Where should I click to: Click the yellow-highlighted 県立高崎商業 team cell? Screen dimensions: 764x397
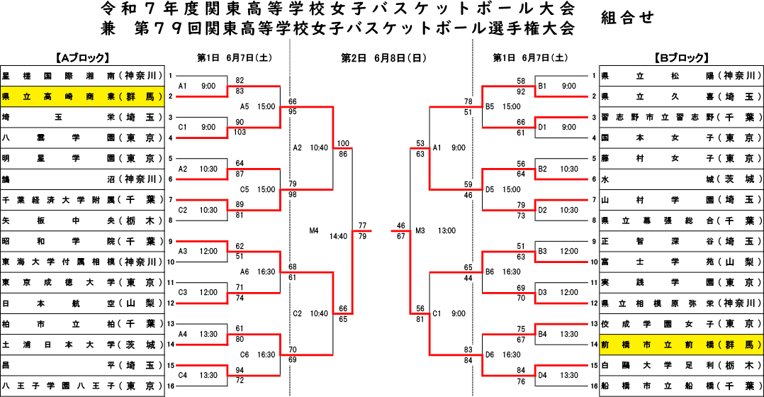click(x=82, y=96)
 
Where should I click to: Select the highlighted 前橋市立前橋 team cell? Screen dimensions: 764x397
click(x=681, y=345)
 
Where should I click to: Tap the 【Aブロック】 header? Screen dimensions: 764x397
click(x=82, y=58)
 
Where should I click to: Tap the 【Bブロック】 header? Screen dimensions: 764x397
click(x=681, y=58)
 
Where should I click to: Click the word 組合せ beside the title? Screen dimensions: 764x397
click(x=627, y=18)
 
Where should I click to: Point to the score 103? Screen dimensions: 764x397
click(x=240, y=132)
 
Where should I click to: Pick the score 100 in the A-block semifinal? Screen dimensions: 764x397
click(x=343, y=143)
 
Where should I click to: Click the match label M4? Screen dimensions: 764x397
click(x=314, y=230)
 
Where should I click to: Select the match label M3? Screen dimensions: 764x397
click(x=420, y=230)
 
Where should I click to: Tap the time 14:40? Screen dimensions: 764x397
click(x=338, y=236)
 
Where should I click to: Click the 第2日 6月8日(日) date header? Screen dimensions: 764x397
click(x=383, y=58)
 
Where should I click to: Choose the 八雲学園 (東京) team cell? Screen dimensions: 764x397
click(x=82, y=138)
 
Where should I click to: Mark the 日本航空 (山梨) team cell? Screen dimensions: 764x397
click(x=82, y=303)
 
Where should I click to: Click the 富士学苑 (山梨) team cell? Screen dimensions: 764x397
click(x=681, y=262)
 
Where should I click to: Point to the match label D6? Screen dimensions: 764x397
click(x=490, y=354)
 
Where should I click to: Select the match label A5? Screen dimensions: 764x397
click(x=244, y=106)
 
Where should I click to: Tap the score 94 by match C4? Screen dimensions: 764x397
click(x=240, y=370)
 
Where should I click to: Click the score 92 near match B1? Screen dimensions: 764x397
click(x=522, y=91)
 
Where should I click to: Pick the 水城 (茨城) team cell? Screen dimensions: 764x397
click(x=681, y=179)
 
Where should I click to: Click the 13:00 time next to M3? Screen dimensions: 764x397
click(x=446, y=230)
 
